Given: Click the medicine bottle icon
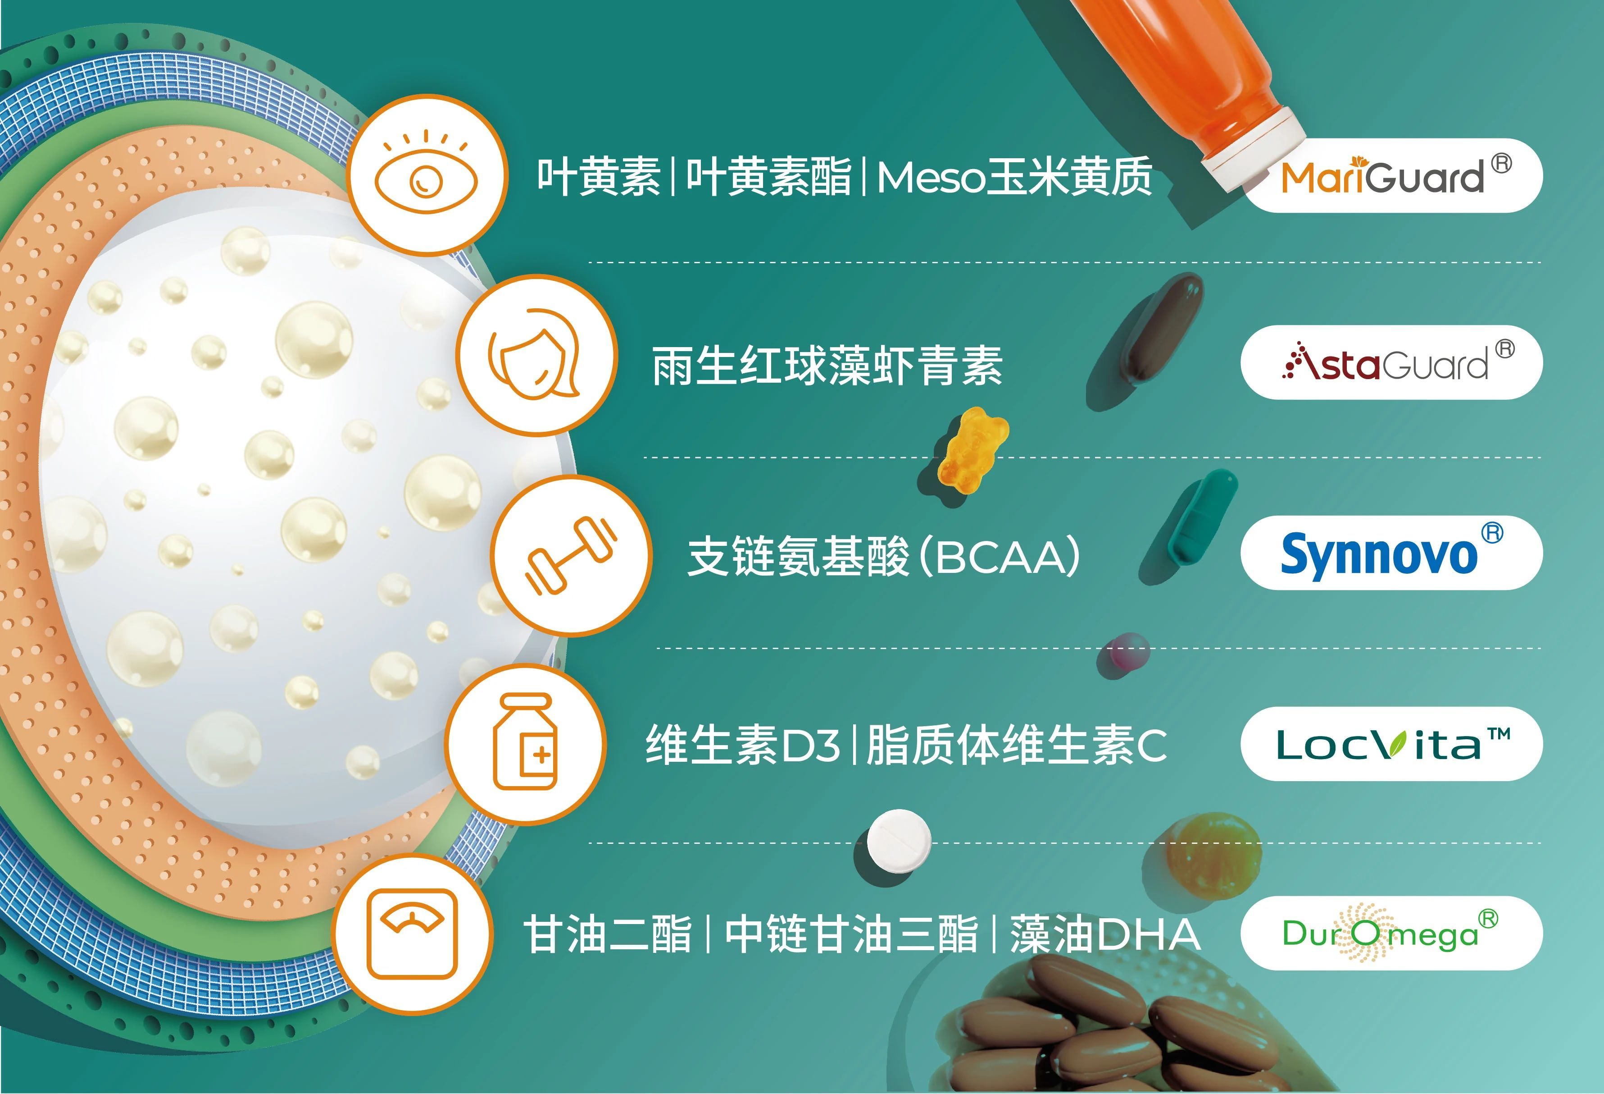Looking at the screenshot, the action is coord(525,742).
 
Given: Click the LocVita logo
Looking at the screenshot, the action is coord(1393,743).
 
